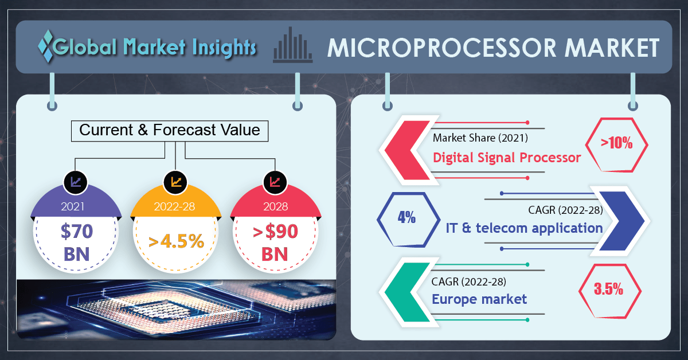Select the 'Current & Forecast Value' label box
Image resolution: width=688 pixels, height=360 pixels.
[x=169, y=130]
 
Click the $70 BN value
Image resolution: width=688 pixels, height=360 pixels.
[x=76, y=242]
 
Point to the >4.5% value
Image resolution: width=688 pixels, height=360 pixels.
[x=176, y=241]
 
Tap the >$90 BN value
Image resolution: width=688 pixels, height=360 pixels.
[x=275, y=242]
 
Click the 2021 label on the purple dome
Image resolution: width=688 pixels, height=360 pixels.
[x=76, y=206]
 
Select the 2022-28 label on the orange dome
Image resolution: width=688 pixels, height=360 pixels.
[x=176, y=206]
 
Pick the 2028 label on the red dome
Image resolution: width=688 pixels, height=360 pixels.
[x=275, y=206]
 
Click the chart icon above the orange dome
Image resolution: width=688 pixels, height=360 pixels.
[x=176, y=182]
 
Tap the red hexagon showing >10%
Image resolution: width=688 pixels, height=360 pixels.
[x=616, y=144]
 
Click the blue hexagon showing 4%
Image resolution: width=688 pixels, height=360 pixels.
[x=405, y=218]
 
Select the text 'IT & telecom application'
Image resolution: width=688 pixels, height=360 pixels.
[x=524, y=228]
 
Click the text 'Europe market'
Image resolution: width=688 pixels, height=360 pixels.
[x=479, y=299]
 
